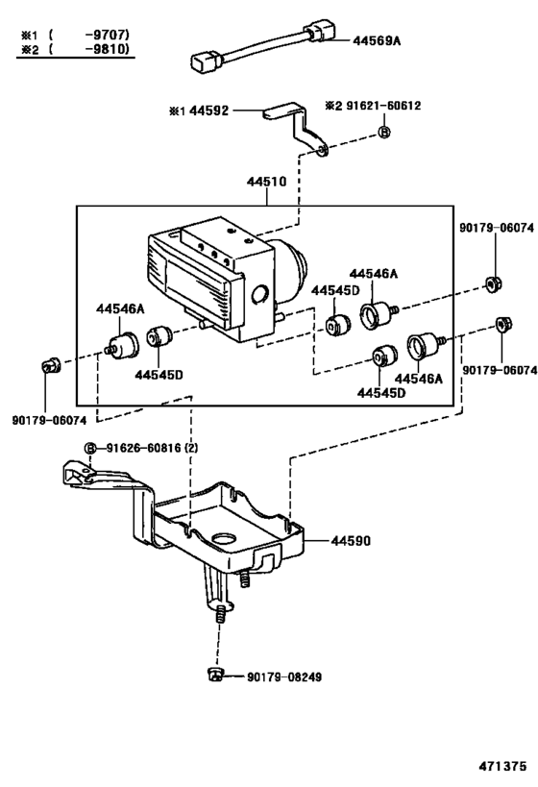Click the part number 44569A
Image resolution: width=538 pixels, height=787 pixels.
pyautogui.click(x=377, y=40)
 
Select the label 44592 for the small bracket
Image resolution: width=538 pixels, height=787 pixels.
pyautogui.click(x=208, y=111)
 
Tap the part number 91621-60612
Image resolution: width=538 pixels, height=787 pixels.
pyautogui.click(x=382, y=106)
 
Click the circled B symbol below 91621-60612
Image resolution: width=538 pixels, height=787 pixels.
pyautogui.click(x=384, y=132)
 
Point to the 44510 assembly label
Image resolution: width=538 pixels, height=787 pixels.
pyautogui.click(x=266, y=182)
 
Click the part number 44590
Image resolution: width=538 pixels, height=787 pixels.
pyautogui.click(x=351, y=541)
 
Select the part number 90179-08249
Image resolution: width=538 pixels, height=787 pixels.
pyautogui.click(x=284, y=676)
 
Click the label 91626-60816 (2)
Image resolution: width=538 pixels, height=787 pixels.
pyautogui.click(x=152, y=447)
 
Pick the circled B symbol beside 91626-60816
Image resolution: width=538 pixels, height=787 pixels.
pyautogui.click(x=90, y=448)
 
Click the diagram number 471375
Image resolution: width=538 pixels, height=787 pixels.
pyautogui.click(x=502, y=766)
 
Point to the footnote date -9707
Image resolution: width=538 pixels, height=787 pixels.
pyautogui.click(x=107, y=35)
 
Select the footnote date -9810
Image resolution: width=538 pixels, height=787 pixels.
pyautogui.click(x=107, y=49)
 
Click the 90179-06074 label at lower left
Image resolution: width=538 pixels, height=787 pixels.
pyautogui.click(x=49, y=421)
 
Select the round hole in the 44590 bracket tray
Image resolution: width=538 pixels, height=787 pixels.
pyautogui.click(x=224, y=539)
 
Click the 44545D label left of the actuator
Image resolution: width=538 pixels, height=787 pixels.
pyautogui.click(x=159, y=375)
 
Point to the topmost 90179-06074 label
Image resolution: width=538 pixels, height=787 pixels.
pyautogui.click(x=497, y=228)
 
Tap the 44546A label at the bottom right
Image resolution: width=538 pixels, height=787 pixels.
pyautogui.click(x=419, y=379)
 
